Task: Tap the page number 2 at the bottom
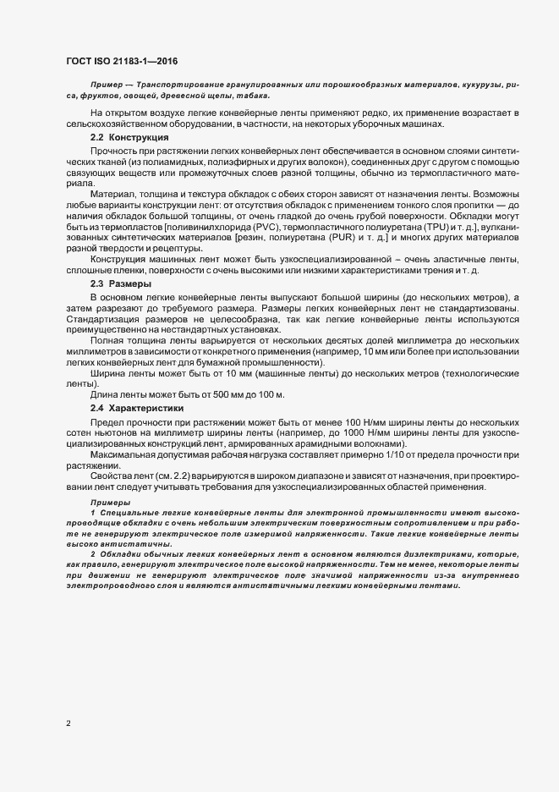coord(68,723)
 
